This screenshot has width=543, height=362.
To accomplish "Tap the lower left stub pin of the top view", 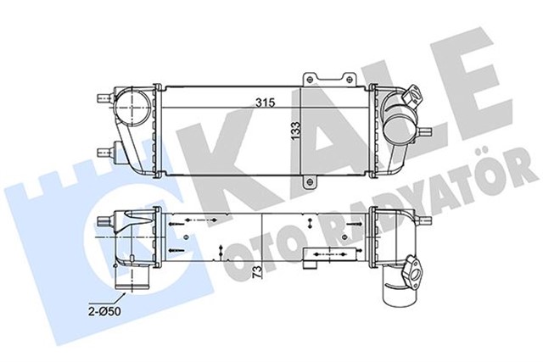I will pyautogui.click(x=106, y=152).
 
